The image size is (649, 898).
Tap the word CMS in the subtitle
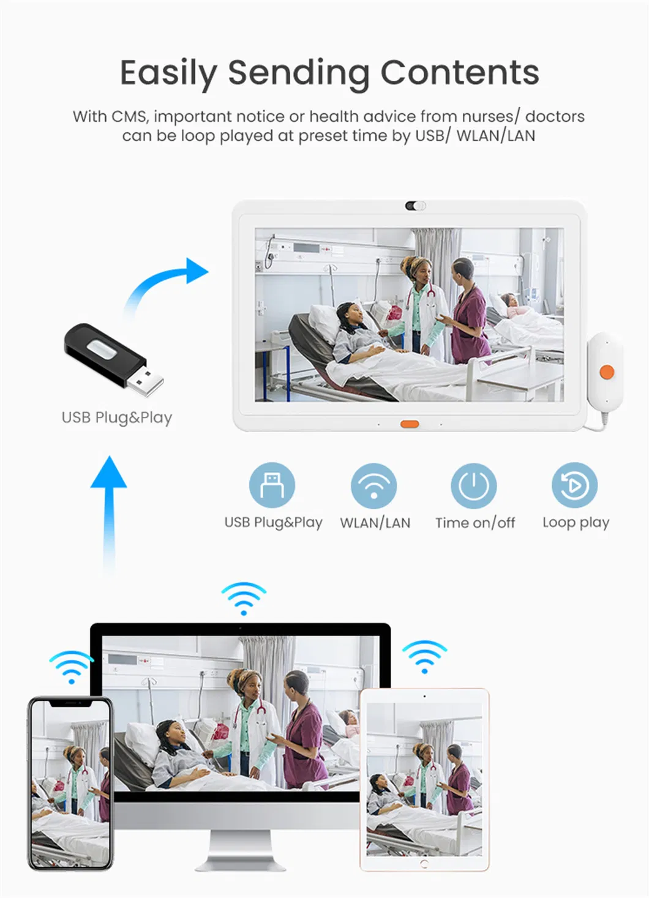click(x=129, y=117)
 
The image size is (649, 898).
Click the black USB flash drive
click(x=113, y=360)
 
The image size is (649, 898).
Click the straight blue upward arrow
click(x=108, y=515)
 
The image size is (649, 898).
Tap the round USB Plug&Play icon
click(x=272, y=485)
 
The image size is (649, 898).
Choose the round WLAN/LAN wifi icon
click(x=373, y=486)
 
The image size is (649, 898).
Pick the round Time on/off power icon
click(x=474, y=486)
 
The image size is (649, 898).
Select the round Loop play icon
click(x=574, y=485)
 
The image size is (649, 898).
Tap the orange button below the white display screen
click(x=409, y=424)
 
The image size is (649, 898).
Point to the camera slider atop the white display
click(x=415, y=206)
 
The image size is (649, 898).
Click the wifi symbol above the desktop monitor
click(x=243, y=598)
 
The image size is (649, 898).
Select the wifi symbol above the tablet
click(x=424, y=657)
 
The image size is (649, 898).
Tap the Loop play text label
click(x=576, y=523)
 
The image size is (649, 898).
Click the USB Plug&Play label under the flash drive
click(x=117, y=418)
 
